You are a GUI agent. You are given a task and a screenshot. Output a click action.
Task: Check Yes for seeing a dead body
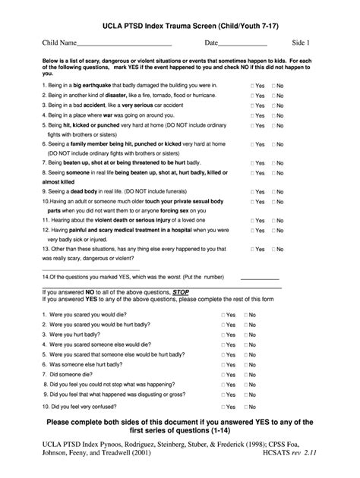click(254, 191)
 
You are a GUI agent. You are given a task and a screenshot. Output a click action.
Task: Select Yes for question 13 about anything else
click(254, 249)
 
